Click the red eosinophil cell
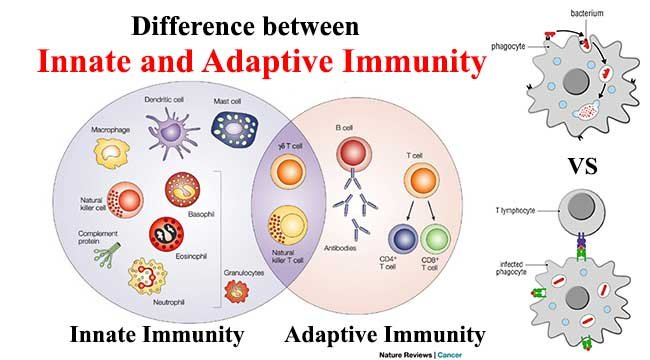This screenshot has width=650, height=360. [166, 234]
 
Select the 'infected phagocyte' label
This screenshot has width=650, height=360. [520, 265]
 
